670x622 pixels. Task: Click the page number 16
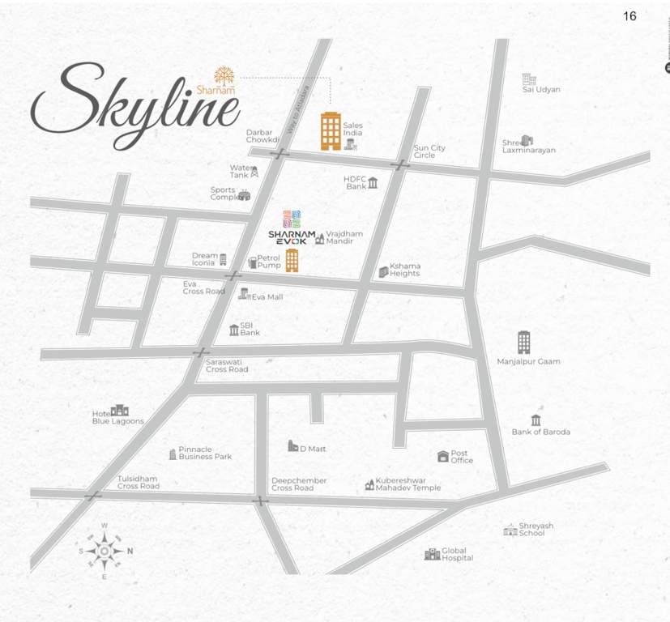tap(629, 16)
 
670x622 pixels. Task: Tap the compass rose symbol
tap(105, 552)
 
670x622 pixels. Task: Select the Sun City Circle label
tap(429, 151)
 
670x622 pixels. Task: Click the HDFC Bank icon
tap(373, 183)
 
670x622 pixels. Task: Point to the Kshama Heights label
tap(405, 270)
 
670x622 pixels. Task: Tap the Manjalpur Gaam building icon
tap(524, 342)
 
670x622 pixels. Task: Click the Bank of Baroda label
tap(540, 432)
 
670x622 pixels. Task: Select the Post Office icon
tap(442, 457)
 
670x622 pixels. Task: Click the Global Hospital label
tap(457, 554)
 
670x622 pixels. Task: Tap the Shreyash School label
tap(537, 530)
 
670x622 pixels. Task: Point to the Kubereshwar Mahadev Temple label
tap(408, 484)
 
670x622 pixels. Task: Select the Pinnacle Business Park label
tap(205, 454)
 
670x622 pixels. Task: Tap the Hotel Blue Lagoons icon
tap(120, 410)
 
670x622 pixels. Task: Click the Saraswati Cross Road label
tap(227, 365)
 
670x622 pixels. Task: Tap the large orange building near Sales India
tap(331, 131)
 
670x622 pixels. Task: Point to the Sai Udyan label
tap(541, 90)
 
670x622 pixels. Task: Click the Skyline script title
tap(134, 105)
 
